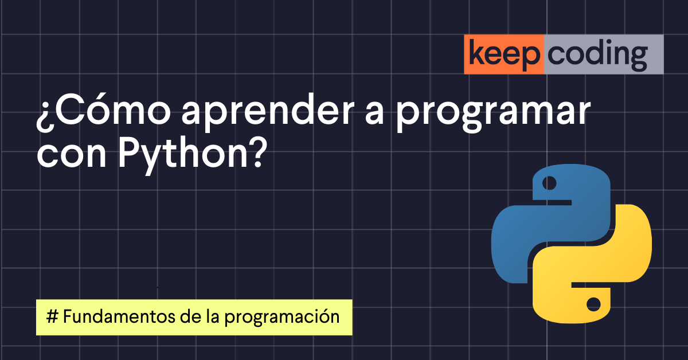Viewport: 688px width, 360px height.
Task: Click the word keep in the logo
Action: [x=504, y=54]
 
